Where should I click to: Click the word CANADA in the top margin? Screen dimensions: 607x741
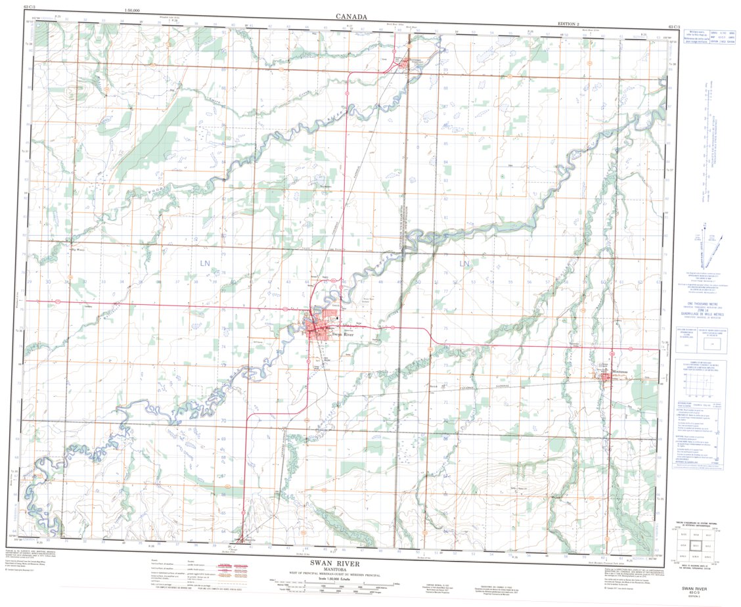(x=351, y=16)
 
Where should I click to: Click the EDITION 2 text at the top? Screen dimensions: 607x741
(x=569, y=24)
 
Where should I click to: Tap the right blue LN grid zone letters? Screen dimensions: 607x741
(x=464, y=263)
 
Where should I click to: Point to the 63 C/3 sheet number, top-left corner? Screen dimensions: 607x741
(x=30, y=6)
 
